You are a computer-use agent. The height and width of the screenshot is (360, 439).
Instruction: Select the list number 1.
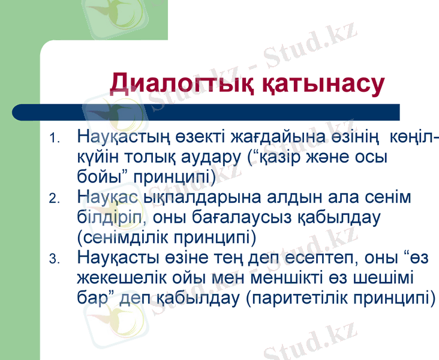pos(55,139)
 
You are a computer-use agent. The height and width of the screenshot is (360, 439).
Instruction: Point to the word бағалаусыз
pos(245,217)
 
